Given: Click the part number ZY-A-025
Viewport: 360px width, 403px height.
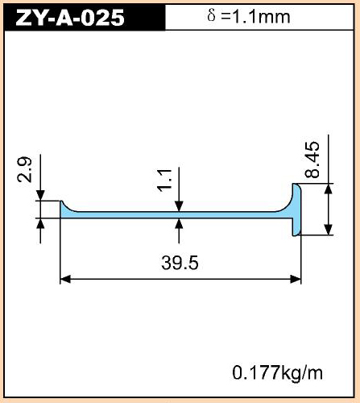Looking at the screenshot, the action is [x=70, y=18].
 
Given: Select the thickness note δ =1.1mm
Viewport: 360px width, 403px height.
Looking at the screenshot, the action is [x=249, y=17].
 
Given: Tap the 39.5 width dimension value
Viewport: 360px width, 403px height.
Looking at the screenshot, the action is [x=180, y=263].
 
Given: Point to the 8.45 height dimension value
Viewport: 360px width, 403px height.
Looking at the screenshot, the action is [x=312, y=160].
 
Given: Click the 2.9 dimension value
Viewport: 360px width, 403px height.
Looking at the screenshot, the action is [x=24, y=169].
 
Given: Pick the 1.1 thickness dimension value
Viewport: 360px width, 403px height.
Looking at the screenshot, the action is [x=164, y=181].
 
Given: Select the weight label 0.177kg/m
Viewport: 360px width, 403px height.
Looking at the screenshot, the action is [x=278, y=373].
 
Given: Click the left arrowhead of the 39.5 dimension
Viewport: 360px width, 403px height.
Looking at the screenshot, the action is [x=65, y=279].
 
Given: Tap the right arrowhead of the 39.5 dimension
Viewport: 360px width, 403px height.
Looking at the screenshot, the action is [x=296, y=279].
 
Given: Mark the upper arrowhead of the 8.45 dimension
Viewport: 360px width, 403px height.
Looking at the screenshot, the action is [x=329, y=189].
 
